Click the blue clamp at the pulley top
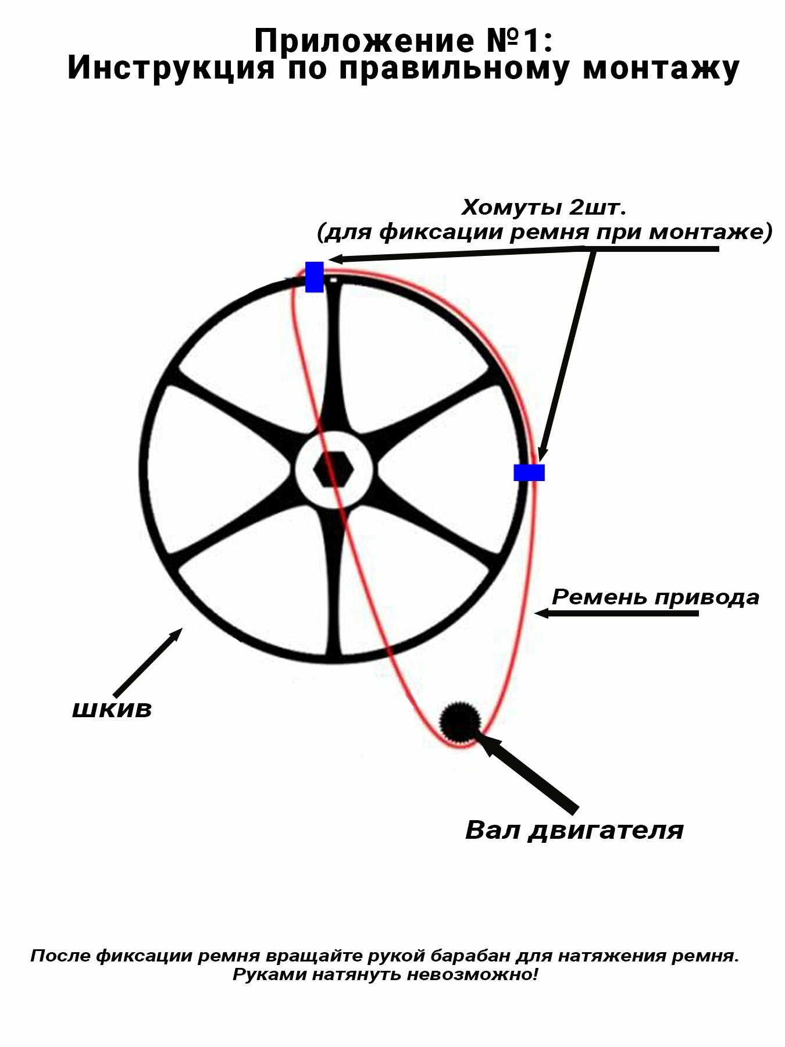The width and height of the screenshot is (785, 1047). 315,277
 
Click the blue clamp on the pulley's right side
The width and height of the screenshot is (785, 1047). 529,472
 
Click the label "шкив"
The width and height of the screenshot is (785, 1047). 112,709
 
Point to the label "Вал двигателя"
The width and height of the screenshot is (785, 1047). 574,830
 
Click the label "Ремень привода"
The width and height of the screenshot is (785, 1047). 655,597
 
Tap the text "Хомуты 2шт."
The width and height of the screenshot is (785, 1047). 544,207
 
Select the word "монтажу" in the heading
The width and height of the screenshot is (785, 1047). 661,67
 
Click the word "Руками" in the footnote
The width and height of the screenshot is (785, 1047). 269,975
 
